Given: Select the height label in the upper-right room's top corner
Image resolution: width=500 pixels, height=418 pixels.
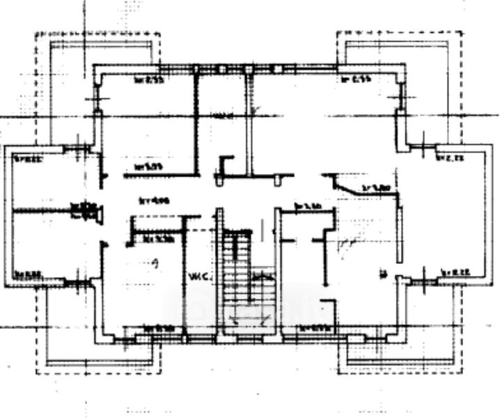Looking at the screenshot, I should click(x=355, y=79).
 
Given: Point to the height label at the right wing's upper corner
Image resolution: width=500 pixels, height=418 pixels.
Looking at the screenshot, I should click(x=450, y=159).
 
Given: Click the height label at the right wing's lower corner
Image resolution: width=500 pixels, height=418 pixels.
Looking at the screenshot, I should click(x=453, y=272).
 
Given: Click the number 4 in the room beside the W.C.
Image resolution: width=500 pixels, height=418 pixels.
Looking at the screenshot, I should click(x=157, y=263).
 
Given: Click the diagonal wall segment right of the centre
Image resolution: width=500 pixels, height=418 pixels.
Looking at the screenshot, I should click(x=346, y=185).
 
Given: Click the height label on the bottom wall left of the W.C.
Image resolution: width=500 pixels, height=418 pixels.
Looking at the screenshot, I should click(x=157, y=329).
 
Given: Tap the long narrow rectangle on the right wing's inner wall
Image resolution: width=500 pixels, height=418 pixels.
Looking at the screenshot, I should click(x=402, y=233).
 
